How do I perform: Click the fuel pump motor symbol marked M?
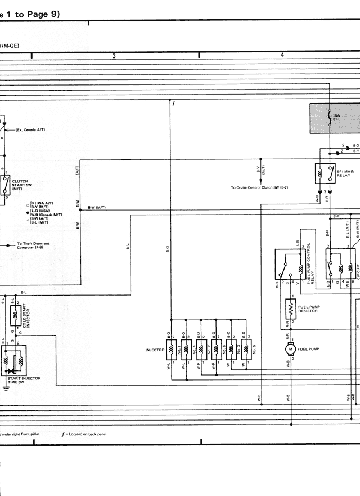tap(291, 350)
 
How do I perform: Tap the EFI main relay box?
tap(326, 175)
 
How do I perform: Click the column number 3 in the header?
tap(114, 55)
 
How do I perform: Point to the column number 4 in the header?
tap(282, 55)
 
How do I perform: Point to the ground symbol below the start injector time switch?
tap(5, 388)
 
